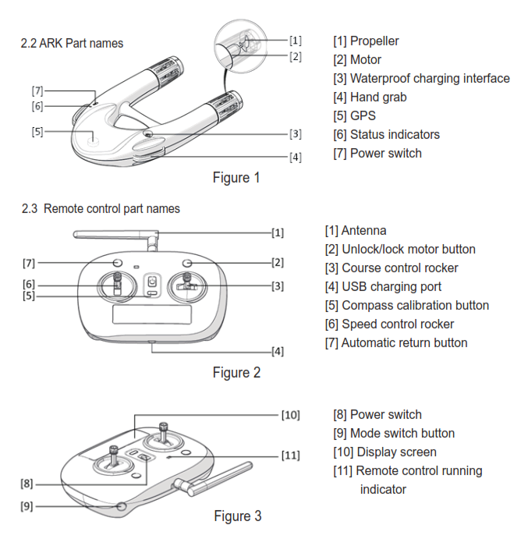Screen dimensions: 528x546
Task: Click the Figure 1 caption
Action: [x=236, y=178]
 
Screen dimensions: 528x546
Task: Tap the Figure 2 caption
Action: [x=236, y=373]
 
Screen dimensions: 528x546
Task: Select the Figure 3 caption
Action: [x=238, y=516]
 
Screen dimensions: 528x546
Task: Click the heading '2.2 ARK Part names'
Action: [x=72, y=43]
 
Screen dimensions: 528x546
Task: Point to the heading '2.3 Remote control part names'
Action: [x=101, y=208]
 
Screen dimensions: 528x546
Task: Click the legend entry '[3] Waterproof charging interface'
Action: [x=421, y=78]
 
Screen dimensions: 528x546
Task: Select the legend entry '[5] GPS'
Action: [x=354, y=115]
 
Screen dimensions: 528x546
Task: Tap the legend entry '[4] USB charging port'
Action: [x=383, y=286]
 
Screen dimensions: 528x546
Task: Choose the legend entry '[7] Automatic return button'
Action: [x=396, y=342]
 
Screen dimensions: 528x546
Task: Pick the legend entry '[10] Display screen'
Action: [x=384, y=452]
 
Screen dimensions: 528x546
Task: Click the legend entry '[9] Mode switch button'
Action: [x=394, y=433]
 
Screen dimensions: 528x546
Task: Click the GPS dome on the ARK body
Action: [x=93, y=140]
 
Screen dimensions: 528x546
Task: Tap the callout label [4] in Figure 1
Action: [x=296, y=157]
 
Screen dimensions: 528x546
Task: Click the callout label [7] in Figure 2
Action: [x=29, y=263]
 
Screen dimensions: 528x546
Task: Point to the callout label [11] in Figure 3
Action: [x=290, y=455]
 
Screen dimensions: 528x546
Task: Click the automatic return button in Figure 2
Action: [x=117, y=263]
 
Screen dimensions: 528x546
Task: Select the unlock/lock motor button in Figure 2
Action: [x=187, y=263]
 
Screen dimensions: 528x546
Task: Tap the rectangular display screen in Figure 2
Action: [x=152, y=314]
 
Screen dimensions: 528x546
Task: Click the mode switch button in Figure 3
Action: [x=121, y=506]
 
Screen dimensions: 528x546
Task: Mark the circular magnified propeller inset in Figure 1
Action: [x=241, y=46]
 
